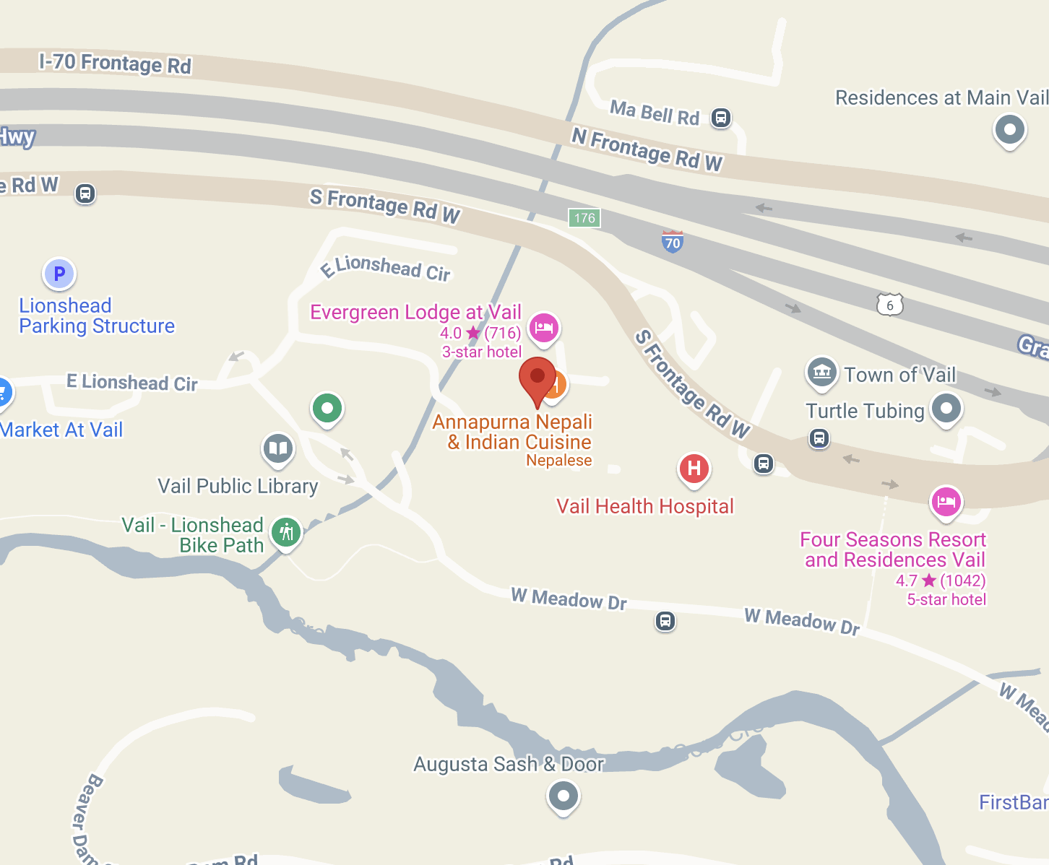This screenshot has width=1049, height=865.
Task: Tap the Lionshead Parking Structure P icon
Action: [59, 274]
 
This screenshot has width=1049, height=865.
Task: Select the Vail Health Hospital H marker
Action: [694, 469]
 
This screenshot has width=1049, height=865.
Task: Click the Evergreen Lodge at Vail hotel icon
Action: [544, 328]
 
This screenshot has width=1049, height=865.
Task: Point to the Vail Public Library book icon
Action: [278, 448]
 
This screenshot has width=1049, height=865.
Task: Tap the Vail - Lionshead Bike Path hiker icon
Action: [286, 533]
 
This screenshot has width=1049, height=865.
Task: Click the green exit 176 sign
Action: [584, 217]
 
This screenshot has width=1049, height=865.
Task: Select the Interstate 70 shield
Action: [673, 242]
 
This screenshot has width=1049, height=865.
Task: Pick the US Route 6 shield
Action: [889, 305]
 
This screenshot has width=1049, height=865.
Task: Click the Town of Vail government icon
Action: [821, 372]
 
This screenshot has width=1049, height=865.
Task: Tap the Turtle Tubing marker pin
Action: [946, 408]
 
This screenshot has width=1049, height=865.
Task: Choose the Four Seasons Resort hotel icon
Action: [946, 501]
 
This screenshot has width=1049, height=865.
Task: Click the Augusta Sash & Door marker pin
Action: [564, 796]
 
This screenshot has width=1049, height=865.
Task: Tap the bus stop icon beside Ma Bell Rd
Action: [720, 117]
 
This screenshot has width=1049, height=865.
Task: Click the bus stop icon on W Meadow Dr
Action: [665, 621]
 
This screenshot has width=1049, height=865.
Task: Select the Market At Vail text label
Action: [61, 430]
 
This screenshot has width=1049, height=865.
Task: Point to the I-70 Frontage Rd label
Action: [116, 64]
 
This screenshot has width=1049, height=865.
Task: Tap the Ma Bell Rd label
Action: [655, 113]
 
